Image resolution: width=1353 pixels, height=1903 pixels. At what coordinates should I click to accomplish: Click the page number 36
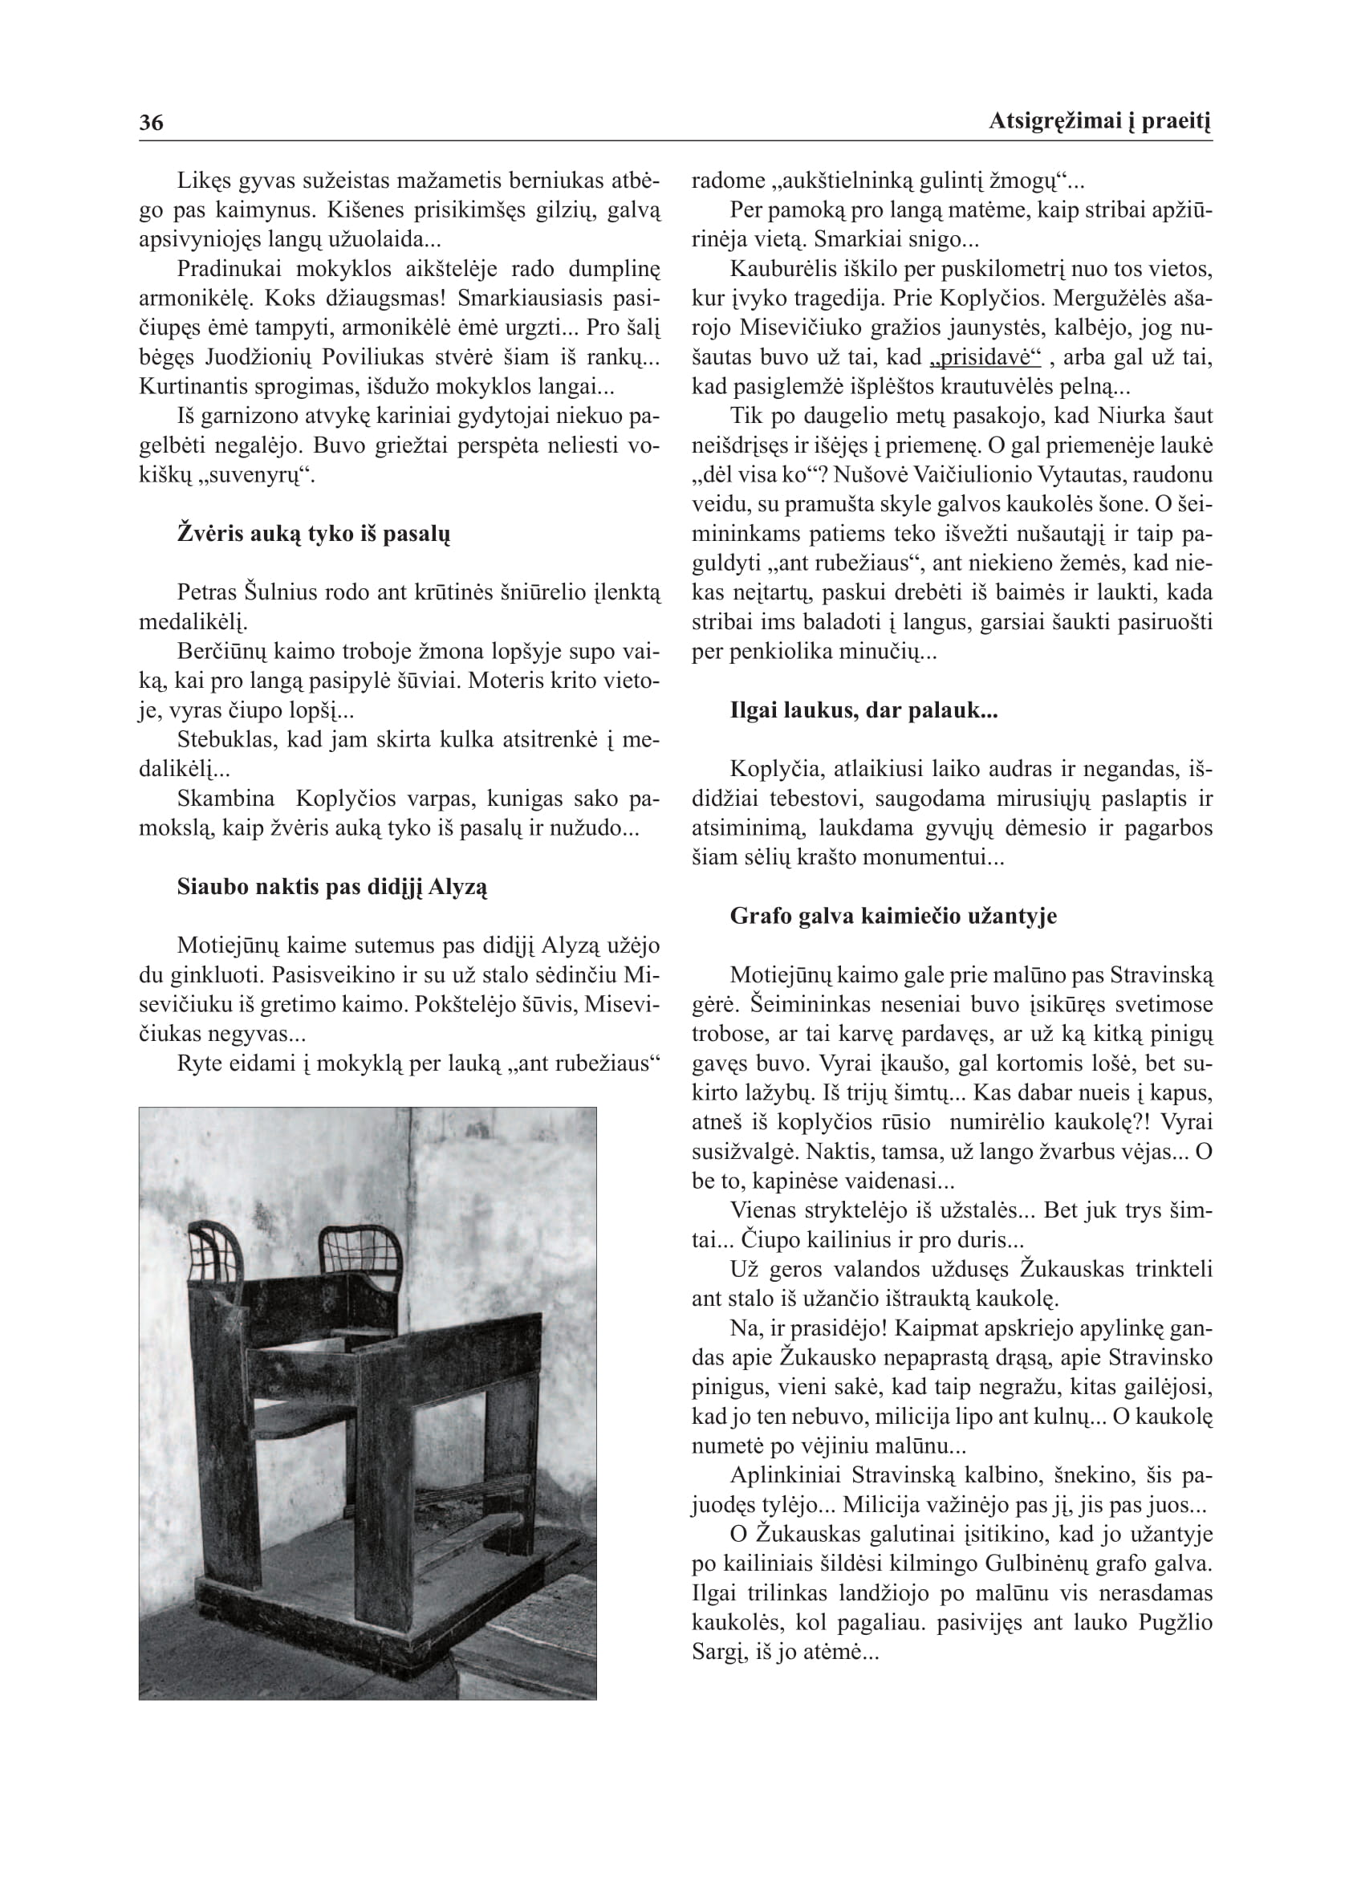click(x=151, y=124)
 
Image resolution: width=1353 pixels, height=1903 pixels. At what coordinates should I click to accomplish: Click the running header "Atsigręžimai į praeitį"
click(x=1099, y=122)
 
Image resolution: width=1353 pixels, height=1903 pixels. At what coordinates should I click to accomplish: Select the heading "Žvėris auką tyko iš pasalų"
click(x=313, y=534)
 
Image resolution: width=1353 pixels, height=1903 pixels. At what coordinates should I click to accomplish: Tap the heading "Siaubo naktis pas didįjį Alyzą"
click(x=331, y=887)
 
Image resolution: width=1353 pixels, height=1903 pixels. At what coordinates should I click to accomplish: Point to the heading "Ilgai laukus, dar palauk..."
click(x=863, y=710)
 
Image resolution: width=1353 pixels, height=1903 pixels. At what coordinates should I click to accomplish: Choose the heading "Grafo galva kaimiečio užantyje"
click(x=893, y=916)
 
